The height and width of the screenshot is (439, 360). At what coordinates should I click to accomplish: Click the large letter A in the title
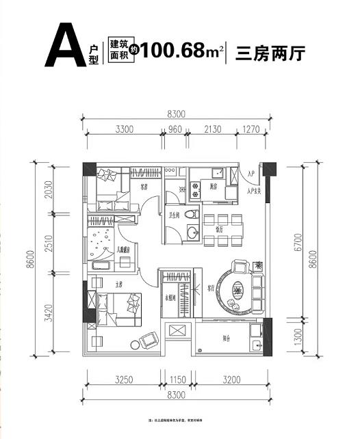click(64, 46)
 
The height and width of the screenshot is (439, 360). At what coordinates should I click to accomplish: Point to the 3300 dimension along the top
click(124, 128)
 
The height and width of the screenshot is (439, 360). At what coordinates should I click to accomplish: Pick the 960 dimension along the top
click(175, 128)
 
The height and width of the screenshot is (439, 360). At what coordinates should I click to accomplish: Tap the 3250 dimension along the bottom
click(123, 377)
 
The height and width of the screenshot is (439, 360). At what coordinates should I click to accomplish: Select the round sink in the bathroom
click(191, 232)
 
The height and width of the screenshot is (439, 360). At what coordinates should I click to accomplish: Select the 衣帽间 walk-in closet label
click(170, 298)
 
